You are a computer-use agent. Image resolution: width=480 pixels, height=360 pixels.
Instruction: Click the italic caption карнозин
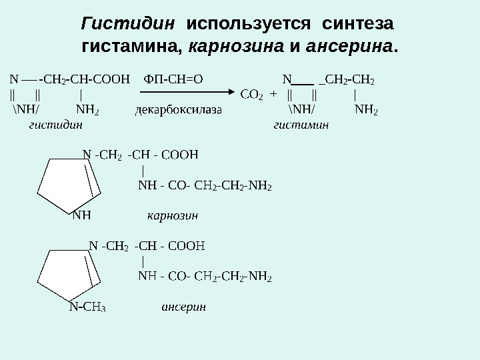pos(173,216)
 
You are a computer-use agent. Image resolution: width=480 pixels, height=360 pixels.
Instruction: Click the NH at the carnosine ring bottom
pos(81,215)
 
